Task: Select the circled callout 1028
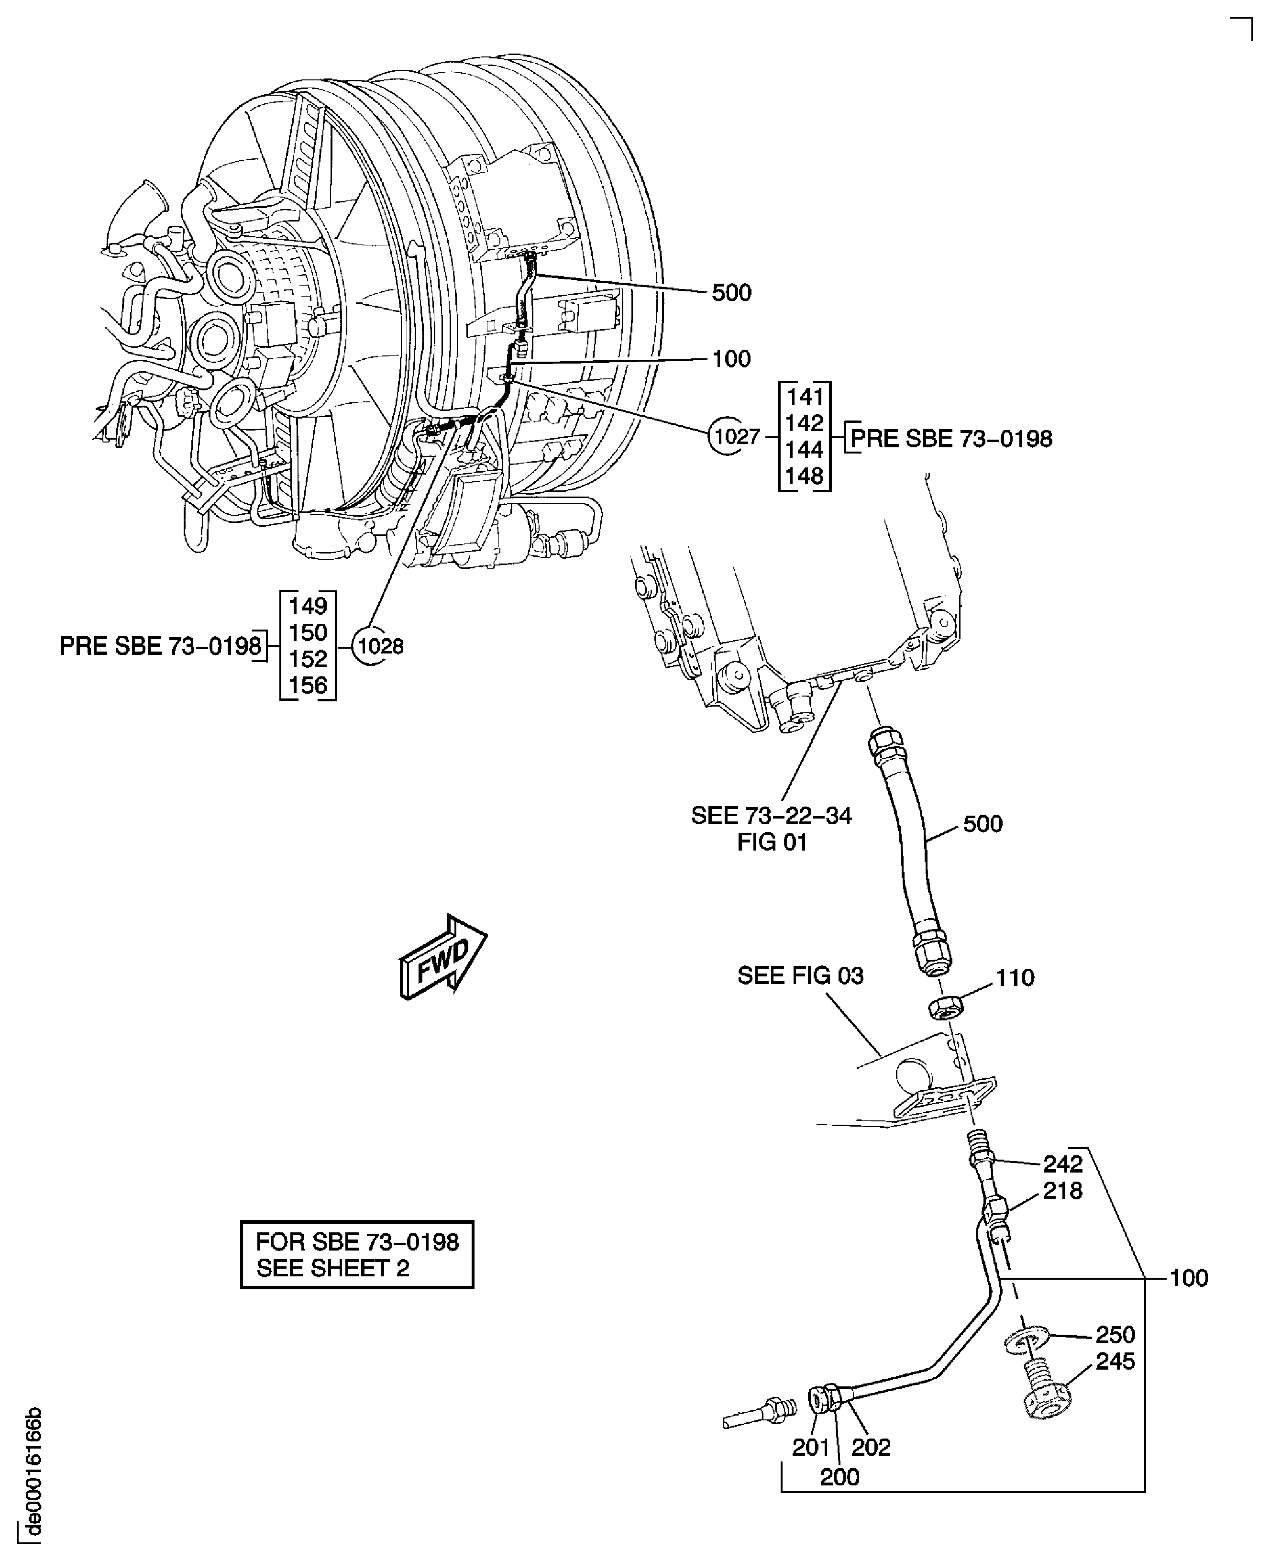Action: (379, 646)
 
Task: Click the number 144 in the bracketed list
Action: (804, 449)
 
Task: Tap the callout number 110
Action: (1015, 977)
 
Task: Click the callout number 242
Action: (1062, 1163)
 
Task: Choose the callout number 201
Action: (811, 1447)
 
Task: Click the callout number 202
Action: (871, 1447)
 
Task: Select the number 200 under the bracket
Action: (839, 1477)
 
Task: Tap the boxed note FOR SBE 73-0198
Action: (357, 1254)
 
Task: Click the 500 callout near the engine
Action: (731, 293)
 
